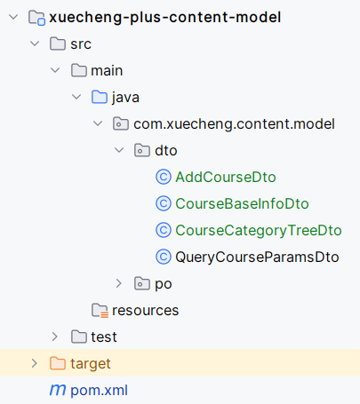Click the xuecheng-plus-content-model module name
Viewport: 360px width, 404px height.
click(165, 17)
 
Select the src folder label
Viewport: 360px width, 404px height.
click(81, 44)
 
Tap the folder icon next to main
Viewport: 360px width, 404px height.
click(79, 70)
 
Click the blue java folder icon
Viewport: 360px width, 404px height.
click(100, 97)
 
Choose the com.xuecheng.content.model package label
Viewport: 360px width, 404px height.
click(234, 123)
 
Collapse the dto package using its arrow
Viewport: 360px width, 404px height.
click(119, 150)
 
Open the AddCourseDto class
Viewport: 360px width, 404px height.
click(226, 177)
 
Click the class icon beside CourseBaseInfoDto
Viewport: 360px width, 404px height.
click(164, 203)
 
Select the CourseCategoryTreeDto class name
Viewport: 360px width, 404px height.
click(259, 230)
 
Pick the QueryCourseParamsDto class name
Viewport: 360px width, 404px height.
click(257, 257)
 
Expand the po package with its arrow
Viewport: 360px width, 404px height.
click(119, 283)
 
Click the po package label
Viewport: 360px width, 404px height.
click(164, 284)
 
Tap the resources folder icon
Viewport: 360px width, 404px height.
click(100, 310)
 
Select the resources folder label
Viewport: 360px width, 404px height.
click(146, 311)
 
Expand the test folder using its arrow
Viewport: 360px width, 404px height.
click(55, 337)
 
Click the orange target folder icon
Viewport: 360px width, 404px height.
click(58, 363)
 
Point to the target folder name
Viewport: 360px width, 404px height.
click(91, 364)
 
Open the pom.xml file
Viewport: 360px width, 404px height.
click(99, 391)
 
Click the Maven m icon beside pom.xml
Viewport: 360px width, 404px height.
click(58, 390)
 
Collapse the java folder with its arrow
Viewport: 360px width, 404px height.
click(76, 97)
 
